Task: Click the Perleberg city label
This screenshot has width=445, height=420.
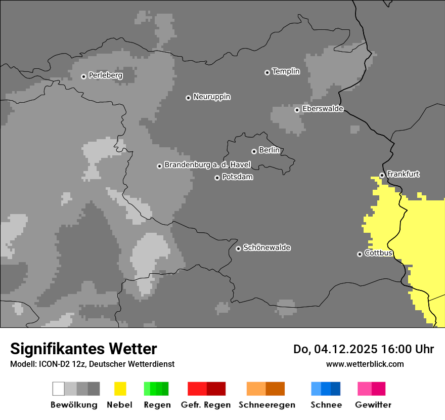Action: (x=105, y=75)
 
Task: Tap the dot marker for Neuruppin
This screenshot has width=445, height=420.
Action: (x=188, y=98)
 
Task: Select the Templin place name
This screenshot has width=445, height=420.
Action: (x=286, y=71)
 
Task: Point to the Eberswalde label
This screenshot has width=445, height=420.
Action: (x=323, y=109)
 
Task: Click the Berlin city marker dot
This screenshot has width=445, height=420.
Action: (x=254, y=151)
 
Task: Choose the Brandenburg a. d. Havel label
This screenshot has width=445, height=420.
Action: (x=207, y=165)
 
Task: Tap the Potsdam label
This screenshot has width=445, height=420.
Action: (x=237, y=177)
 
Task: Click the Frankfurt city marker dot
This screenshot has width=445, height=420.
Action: (x=382, y=176)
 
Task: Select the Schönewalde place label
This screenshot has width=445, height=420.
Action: (x=266, y=247)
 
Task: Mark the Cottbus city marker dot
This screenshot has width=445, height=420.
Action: (x=360, y=254)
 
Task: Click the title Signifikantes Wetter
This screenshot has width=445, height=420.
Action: (x=83, y=349)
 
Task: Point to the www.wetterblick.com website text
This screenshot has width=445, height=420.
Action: (x=365, y=364)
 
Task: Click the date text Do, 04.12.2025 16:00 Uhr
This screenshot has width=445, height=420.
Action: (x=363, y=349)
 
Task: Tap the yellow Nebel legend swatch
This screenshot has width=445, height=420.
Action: (x=120, y=389)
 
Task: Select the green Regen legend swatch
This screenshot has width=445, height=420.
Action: (x=156, y=389)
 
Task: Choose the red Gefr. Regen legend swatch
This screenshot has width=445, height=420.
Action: (x=206, y=389)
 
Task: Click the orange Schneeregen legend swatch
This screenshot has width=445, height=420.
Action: (x=265, y=389)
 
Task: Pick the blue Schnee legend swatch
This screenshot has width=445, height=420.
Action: (x=326, y=389)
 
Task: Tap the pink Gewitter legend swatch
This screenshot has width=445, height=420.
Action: (x=371, y=389)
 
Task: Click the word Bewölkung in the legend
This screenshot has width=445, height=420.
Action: (x=74, y=405)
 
